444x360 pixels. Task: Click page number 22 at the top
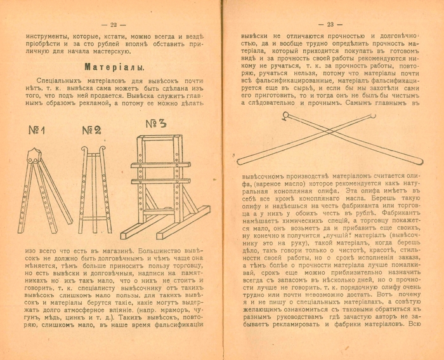[x=114, y=24]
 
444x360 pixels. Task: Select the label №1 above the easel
[x=36, y=131]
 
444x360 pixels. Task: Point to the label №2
[x=90, y=131]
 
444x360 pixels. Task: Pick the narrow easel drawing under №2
[x=92, y=187]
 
